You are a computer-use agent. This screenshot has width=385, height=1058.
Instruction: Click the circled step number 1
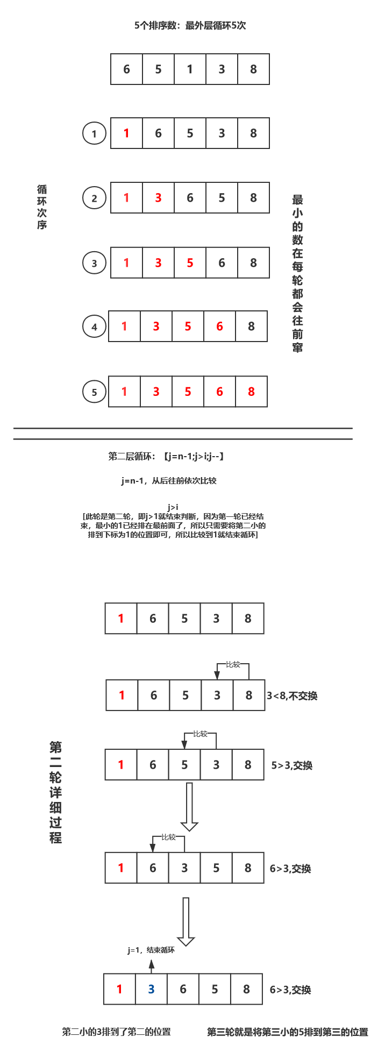coord(94,133)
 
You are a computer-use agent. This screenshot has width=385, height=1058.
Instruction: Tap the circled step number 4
coord(94,326)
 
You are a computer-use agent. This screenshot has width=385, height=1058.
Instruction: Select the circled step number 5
coord(94,392)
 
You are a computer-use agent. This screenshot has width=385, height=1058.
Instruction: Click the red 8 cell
coord(251,392)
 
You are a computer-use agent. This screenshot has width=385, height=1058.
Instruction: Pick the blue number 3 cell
coord(151,989)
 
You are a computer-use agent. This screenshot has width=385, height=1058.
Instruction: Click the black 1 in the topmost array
coord(190,69)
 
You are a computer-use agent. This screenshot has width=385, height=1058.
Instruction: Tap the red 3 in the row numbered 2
coord(158,198)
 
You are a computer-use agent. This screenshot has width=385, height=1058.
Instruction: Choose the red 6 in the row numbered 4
coord(219,326)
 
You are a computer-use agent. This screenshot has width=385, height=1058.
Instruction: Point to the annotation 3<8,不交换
coord(292,696)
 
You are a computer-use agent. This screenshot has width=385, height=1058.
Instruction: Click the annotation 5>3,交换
coord(292,765)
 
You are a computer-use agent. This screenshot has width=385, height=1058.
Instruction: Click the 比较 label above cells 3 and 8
coord(233,664)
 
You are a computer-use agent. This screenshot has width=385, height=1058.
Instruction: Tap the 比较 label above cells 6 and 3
coord(168,837)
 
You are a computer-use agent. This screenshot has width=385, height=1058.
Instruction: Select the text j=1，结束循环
coord(151,950)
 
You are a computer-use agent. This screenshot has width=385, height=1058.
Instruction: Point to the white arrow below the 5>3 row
coord(189,807)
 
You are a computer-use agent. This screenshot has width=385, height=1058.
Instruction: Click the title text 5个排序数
coord(190,25)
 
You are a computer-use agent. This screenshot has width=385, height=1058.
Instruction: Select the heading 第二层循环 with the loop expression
coord(166,457)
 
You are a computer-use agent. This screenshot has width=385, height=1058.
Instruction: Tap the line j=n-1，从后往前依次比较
coord(169,480)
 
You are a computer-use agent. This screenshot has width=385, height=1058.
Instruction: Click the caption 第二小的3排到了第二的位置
coord(116,1032)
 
